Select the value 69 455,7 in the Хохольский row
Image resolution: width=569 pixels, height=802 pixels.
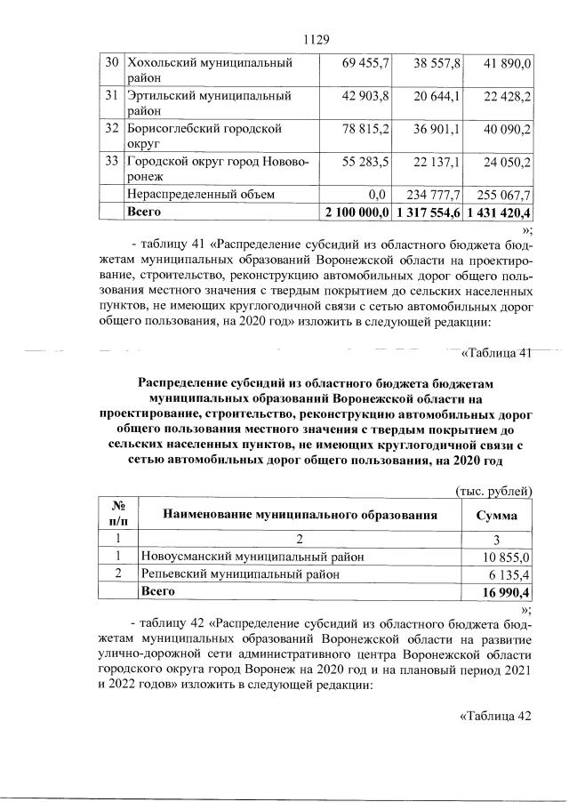point(365,63)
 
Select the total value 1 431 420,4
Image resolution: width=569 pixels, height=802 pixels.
point(501,213)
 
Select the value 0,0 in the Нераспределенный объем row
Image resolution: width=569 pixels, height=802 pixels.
point(379,193)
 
